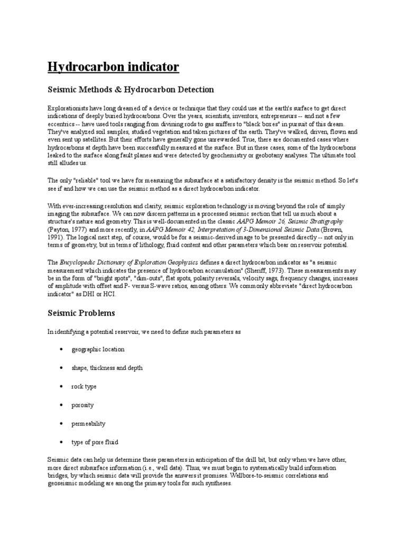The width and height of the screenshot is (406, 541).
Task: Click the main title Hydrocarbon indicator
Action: [114, 67]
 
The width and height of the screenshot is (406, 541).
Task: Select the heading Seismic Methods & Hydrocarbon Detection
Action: [131, 89]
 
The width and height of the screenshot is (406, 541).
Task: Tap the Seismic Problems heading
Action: [81, 313]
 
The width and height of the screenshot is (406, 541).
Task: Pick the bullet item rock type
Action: [84, 386]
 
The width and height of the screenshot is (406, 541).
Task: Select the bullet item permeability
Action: [89, 423]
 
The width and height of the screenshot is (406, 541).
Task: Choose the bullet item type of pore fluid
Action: [95, 442]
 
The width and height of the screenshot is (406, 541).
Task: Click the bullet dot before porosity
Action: [62, 405]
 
